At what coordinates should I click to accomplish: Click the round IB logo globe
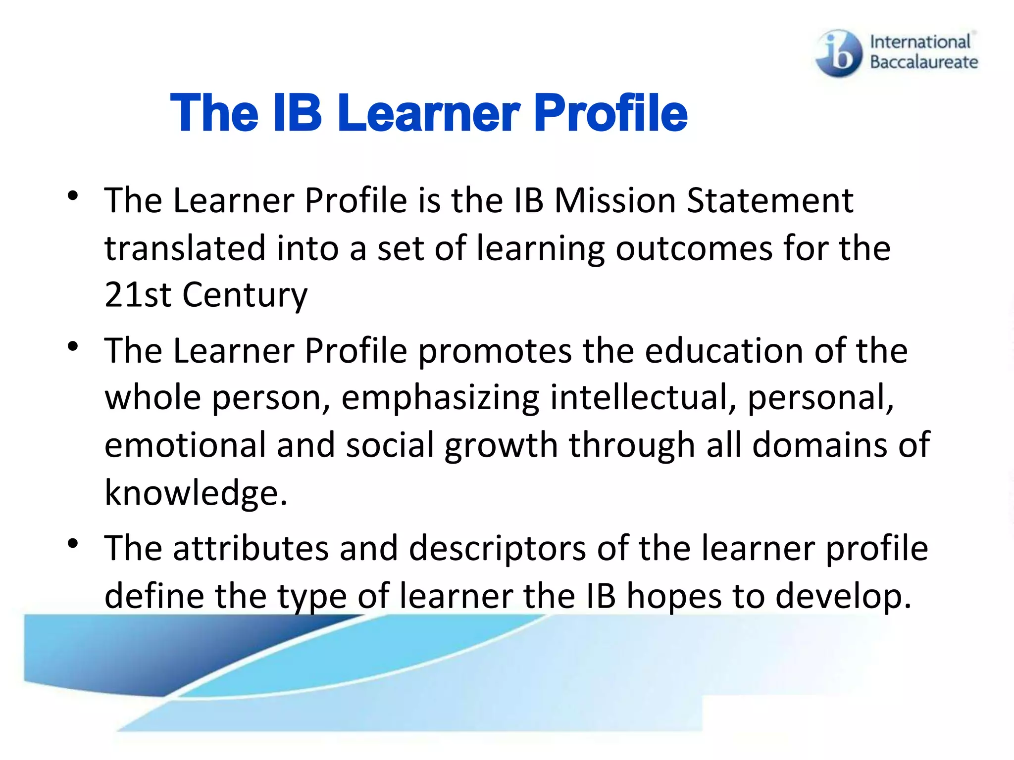click(839, 53)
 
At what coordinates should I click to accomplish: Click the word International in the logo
click(920, 42)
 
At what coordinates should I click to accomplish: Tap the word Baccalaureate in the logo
click(924, 62)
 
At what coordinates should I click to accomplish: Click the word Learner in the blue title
click(429, 113)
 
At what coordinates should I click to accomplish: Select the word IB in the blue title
click(297, 113)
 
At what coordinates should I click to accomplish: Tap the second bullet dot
click(73, 346)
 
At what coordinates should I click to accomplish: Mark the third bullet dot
click(73, 544)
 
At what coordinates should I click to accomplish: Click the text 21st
click(138, 295)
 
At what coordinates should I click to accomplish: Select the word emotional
click(185, 444)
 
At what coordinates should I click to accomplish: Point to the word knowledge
click(195, 493)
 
